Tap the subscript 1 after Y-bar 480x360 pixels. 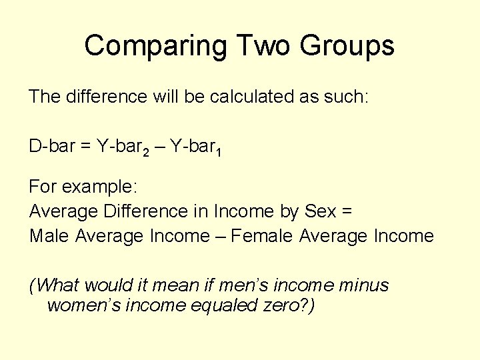[x=219, y=151]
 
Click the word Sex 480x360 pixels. [x=319, y=211]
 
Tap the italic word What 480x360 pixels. [x=57, y=285]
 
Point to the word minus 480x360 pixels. [x=363, y=285]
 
